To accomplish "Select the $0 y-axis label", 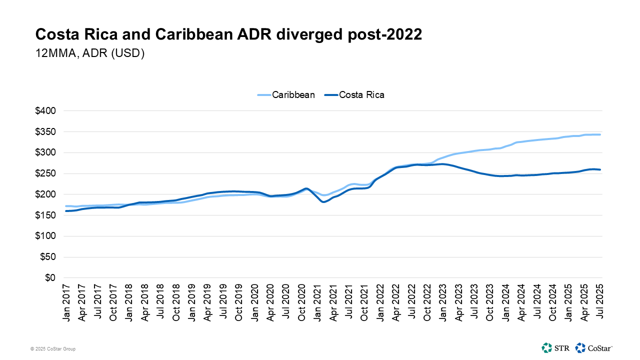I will [50, 278].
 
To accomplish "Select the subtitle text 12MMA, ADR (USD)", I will [90, 54].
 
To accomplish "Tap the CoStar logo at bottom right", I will [593, 347].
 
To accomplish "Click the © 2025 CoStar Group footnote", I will [53, 348].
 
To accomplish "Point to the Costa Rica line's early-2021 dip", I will [323, 201].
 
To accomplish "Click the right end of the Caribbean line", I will [599, 134].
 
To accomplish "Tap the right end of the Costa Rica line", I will [599, 169].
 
